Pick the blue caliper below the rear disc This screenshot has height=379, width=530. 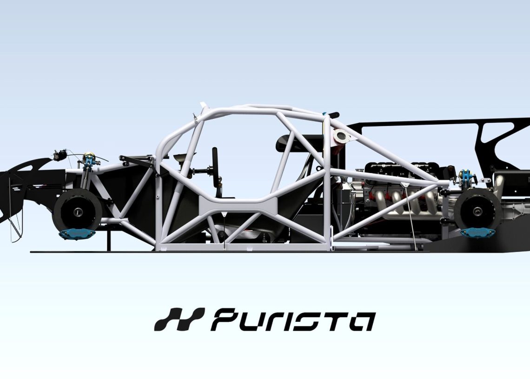(477, 233)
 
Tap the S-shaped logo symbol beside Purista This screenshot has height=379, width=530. (179, 320)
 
